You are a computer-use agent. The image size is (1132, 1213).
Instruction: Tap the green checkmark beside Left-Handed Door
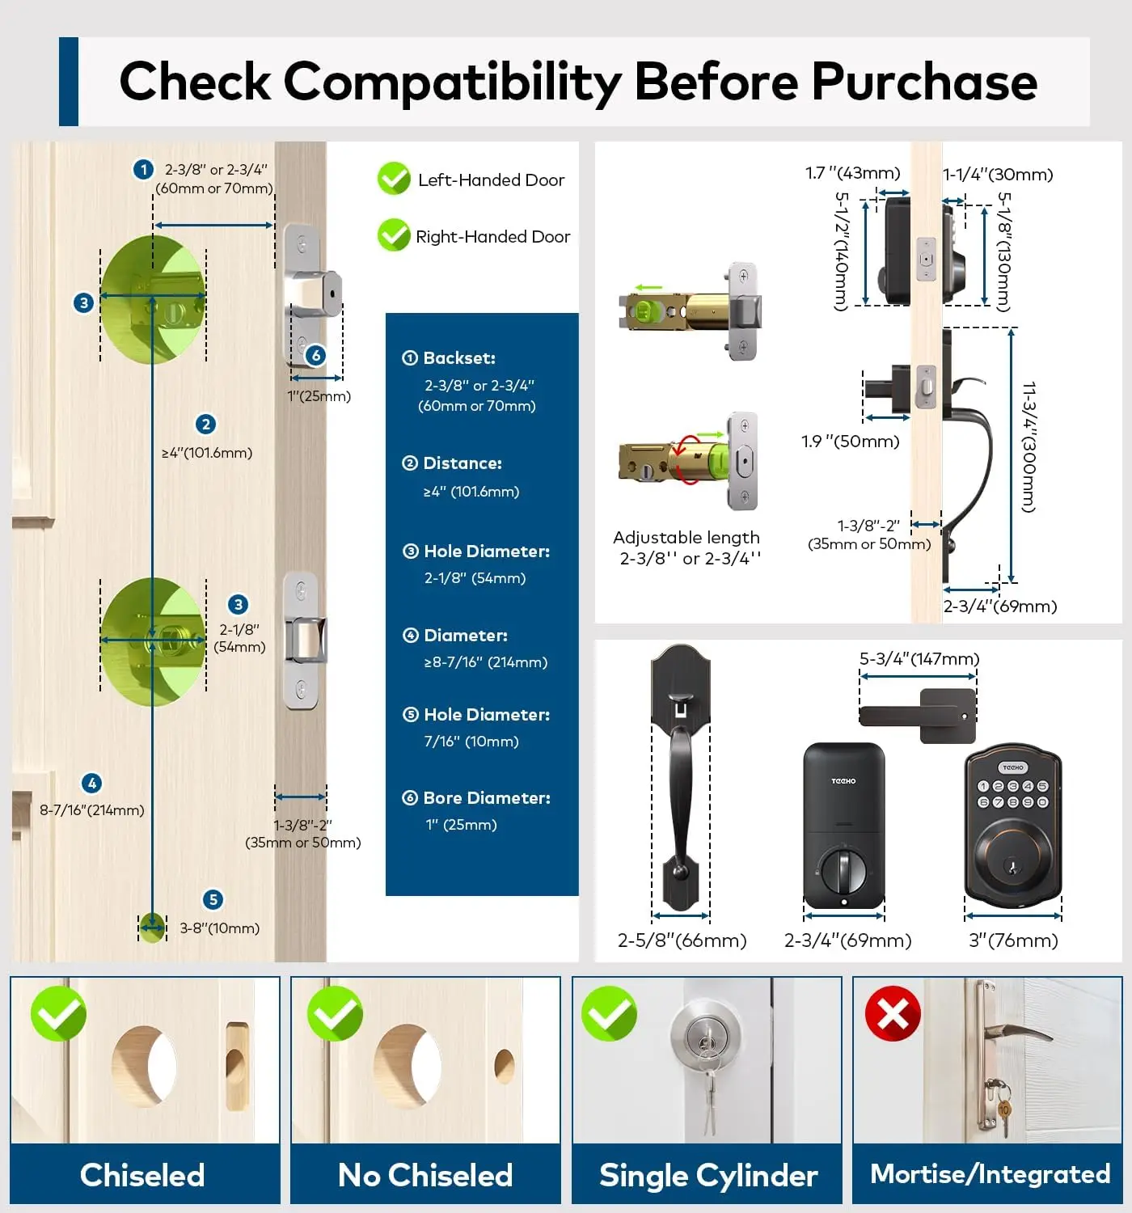(x=394, y=179)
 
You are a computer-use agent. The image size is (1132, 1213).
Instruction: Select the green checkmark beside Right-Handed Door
(x=394, y=235)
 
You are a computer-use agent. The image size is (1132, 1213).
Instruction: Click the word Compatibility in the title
(x=452, y=82)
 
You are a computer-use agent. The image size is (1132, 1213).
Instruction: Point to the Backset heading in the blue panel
(x=458, y=357)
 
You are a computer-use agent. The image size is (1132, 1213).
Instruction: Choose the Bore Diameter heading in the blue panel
(x=486, y=798)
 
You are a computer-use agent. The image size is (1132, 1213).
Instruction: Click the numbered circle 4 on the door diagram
(x=92, y=783)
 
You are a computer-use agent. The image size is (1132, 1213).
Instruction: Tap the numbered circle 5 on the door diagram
(x=213, y=899)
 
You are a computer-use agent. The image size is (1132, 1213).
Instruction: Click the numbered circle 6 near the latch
(x=316, y=355)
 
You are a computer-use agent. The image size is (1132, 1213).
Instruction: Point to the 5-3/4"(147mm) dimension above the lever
(x=919, y=659)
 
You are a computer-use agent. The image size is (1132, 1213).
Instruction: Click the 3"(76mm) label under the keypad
(x=1013, y=940)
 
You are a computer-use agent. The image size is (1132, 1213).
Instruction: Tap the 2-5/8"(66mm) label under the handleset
(x=682, y=940)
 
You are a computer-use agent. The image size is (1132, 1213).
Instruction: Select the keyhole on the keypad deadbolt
(x=1013, y=868)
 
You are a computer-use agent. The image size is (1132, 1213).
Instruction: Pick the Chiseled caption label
(x=142, y=1175)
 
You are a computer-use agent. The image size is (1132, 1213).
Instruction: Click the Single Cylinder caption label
(x=708, y=1175)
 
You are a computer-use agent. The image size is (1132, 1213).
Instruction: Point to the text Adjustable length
(x=686, y=538)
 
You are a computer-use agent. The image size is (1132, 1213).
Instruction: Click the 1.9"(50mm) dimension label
(x=850, y=442)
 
